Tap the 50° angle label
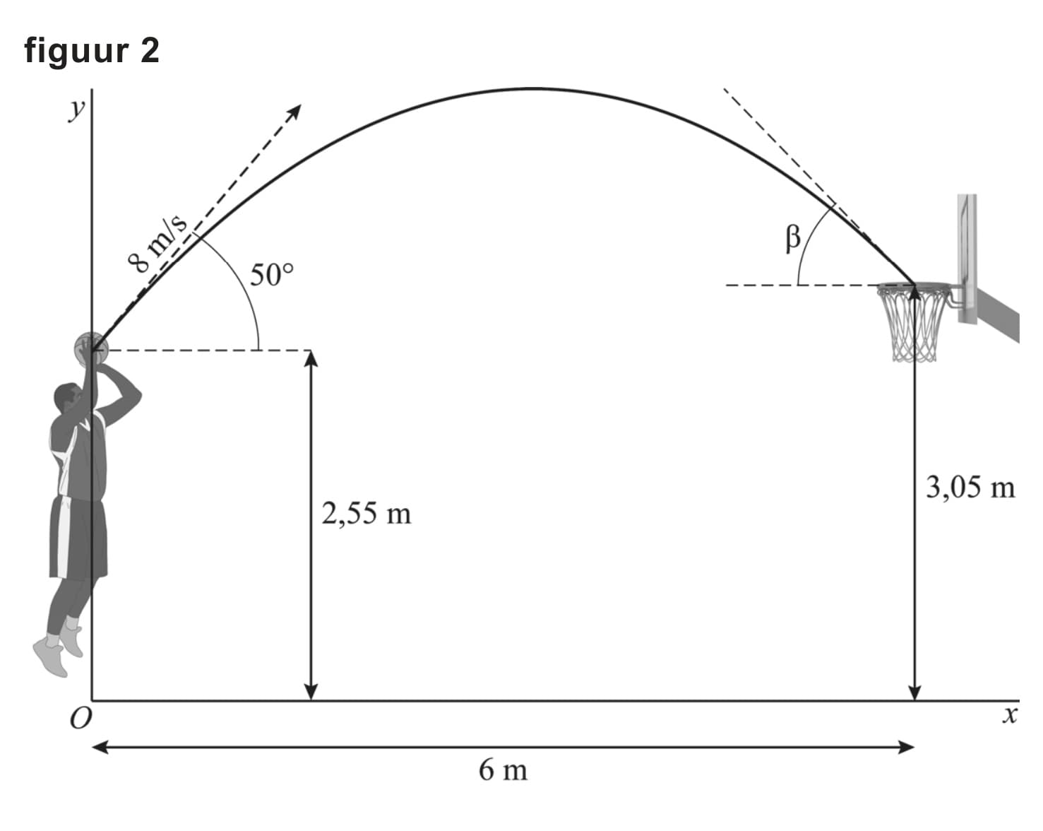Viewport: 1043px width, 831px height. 271,275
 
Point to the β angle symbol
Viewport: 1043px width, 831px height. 793,239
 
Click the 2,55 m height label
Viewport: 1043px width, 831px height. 366,514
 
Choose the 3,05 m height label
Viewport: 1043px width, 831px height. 970,488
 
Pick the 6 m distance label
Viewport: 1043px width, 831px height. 503,770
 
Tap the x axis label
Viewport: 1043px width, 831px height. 1010,715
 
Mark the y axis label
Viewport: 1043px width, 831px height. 76,111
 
